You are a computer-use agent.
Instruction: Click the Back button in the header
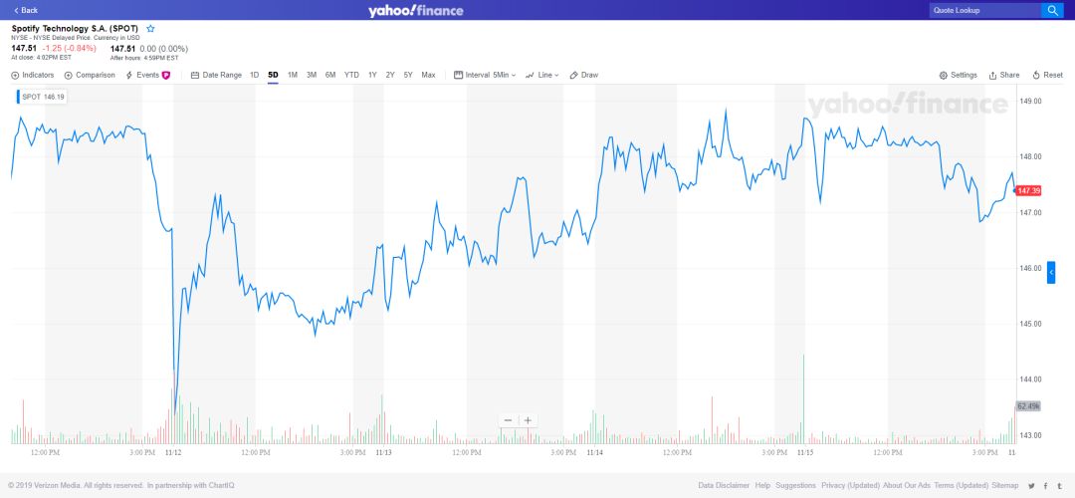(x=26, y=10)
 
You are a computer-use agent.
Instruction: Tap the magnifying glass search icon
(x=1052, y=10)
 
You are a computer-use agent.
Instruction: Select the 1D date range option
(x=255, y=75)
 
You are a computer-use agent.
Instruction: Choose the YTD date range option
(x=351, y=75)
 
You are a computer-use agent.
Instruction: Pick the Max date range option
(x=428, y=75)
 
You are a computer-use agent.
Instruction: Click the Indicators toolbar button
(x=33, y=75)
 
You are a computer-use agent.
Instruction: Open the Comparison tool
(x=90, y=75)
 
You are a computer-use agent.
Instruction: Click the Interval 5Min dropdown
(x=485, y=75)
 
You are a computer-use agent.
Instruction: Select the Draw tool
(x=584, y=75)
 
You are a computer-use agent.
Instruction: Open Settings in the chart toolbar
(x=959, y=75)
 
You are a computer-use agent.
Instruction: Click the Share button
(x=1004, y=75)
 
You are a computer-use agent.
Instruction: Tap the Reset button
(x=1049, y=75)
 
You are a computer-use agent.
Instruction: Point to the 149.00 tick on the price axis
(x=1030, y=101)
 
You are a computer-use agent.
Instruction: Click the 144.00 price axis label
(x=1030, y=379)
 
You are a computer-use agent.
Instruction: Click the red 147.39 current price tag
(x=1029, y=190)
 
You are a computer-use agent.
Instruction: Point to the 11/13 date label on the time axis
(x=383, y=452)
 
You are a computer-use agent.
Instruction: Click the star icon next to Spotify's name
(x=150, y=29)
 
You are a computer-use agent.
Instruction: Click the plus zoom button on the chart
(x=529, y=420)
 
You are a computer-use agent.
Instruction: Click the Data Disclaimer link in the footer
(x=724, y=485)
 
